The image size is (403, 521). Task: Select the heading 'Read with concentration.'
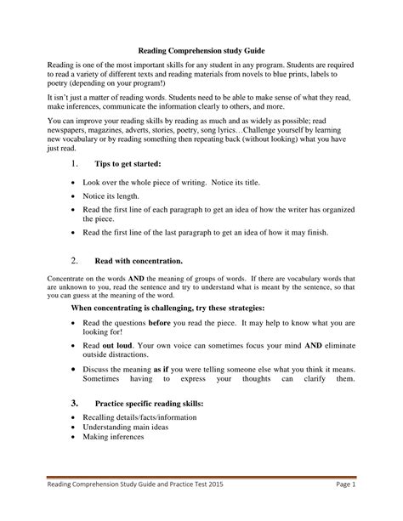[x=136, y=262]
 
